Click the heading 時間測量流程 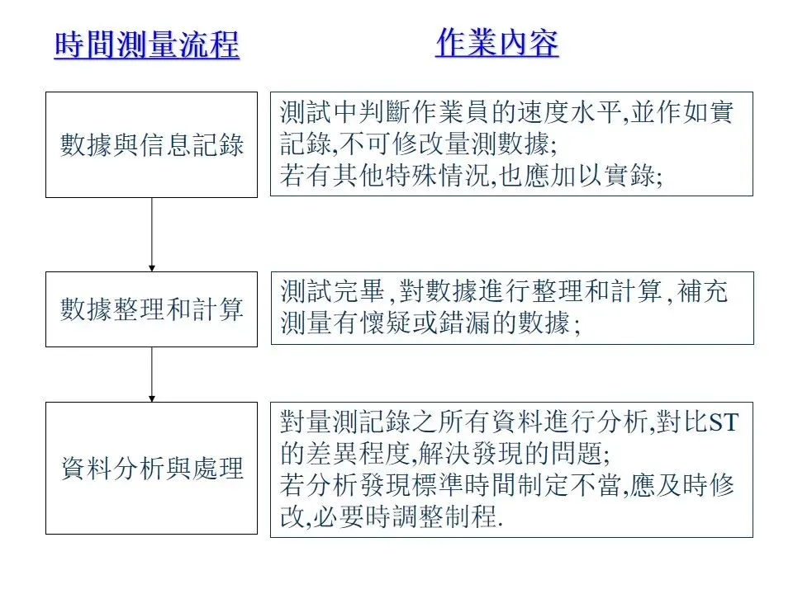click(146, 45)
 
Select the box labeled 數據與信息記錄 click(152, 145)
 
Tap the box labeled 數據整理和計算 click(152, 309)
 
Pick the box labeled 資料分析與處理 click(152, 468)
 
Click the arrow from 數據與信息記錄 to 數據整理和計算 click(152, 234)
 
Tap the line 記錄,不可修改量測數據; click(418, 145)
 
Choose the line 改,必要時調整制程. click(392, 517)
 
